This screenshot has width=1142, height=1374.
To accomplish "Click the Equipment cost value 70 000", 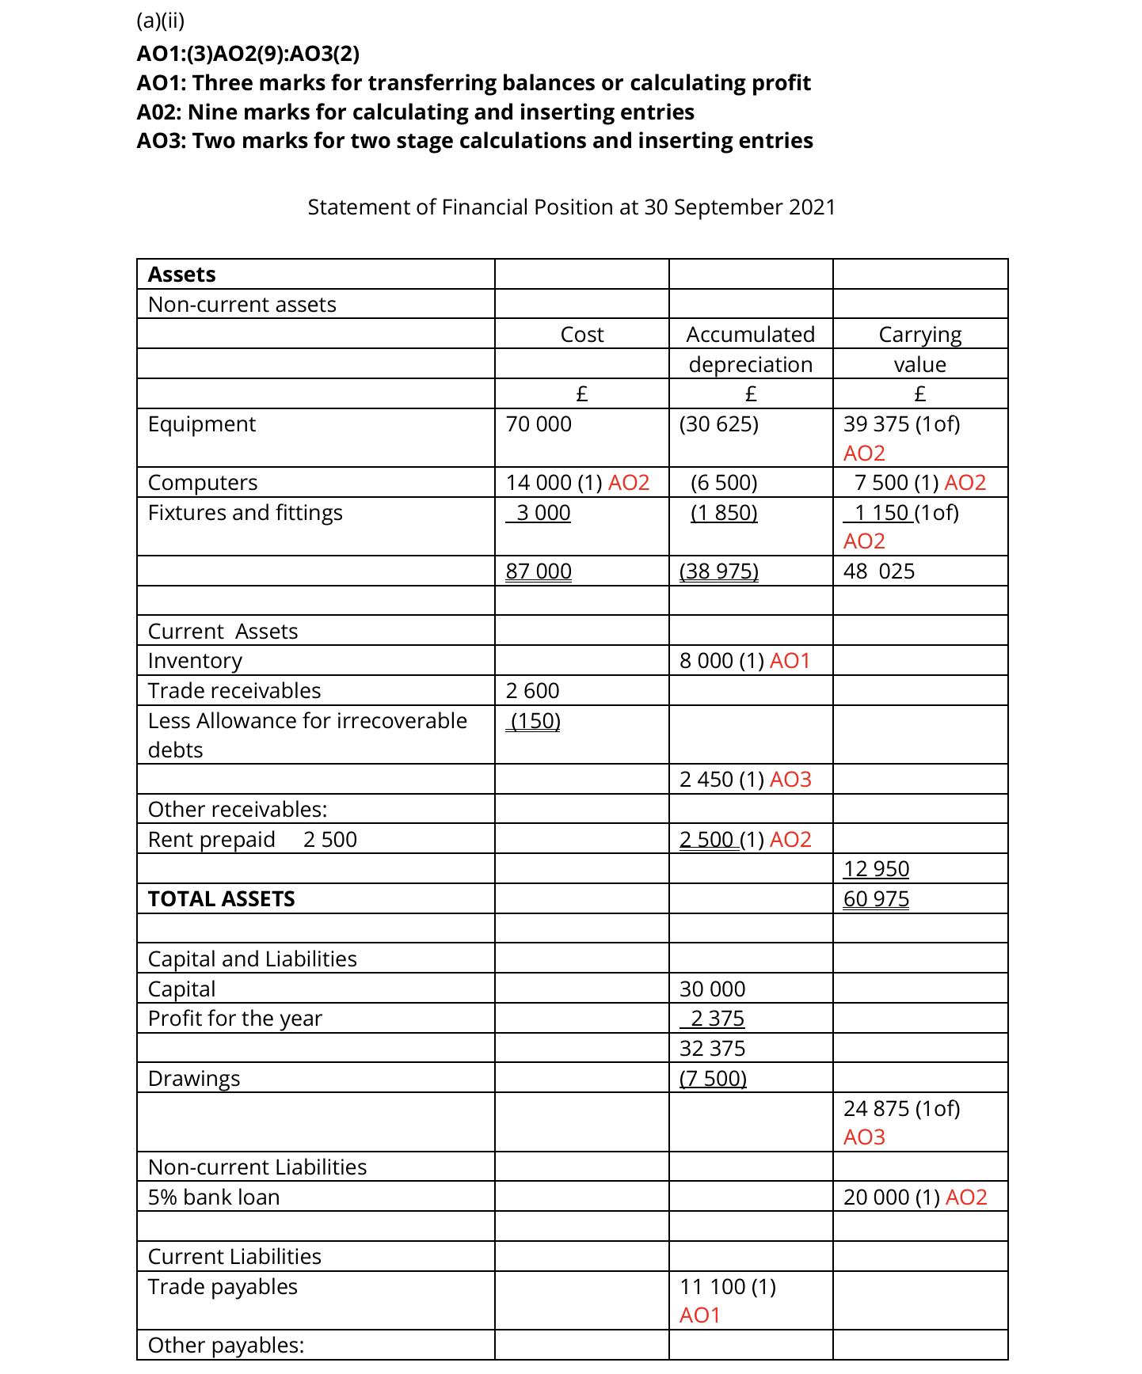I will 539,424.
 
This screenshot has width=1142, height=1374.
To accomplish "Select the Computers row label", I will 203,483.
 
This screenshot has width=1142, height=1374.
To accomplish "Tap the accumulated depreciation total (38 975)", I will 718,571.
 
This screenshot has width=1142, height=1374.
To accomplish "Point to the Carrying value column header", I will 919,349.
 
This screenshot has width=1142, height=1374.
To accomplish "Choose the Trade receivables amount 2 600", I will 532,691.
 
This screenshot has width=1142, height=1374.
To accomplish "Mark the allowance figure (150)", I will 535,721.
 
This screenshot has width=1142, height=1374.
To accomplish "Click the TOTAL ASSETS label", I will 221,899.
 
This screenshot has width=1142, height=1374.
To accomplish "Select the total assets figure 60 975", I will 876,899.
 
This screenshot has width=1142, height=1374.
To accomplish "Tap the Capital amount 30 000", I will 712,989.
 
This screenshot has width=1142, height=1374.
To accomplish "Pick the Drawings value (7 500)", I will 713,1079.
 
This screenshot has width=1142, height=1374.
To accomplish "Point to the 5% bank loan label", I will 214,1198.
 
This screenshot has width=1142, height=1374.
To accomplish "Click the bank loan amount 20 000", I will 876,1198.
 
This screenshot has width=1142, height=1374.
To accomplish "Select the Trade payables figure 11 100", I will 712,1287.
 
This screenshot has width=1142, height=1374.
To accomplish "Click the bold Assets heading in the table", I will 181,275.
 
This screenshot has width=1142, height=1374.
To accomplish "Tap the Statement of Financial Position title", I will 571,207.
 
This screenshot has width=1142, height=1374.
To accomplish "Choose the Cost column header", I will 581,335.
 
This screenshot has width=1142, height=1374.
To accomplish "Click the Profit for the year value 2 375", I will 717,1019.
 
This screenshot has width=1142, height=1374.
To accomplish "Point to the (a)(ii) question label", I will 160,21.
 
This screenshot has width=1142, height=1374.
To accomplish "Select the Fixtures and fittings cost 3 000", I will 542,513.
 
